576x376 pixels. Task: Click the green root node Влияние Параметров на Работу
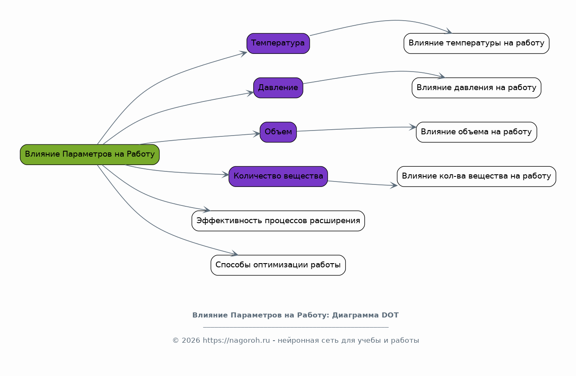(x=90, y=155)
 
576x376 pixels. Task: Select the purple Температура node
(x=278, y=43)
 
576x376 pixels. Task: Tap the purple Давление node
(x=278, y=88)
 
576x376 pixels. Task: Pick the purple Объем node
(x=278, y=132)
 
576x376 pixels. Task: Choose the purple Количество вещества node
(x=278, y=176)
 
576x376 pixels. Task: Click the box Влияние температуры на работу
(x=476, y=43)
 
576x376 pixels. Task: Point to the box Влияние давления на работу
(x=476, y=88)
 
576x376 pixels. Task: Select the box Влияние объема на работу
(x=476, y=132)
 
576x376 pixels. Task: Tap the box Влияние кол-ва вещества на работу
(x=476, y=176)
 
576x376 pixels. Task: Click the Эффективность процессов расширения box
(x=278, y=221)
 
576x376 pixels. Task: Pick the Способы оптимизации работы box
(x=278, y=265)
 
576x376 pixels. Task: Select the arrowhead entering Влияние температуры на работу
(x=449, y=32)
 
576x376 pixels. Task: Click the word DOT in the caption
(x=390, y=315)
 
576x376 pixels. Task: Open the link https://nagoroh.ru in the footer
(x=236, y=341)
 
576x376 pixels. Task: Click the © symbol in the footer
(x=175, y=341)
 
